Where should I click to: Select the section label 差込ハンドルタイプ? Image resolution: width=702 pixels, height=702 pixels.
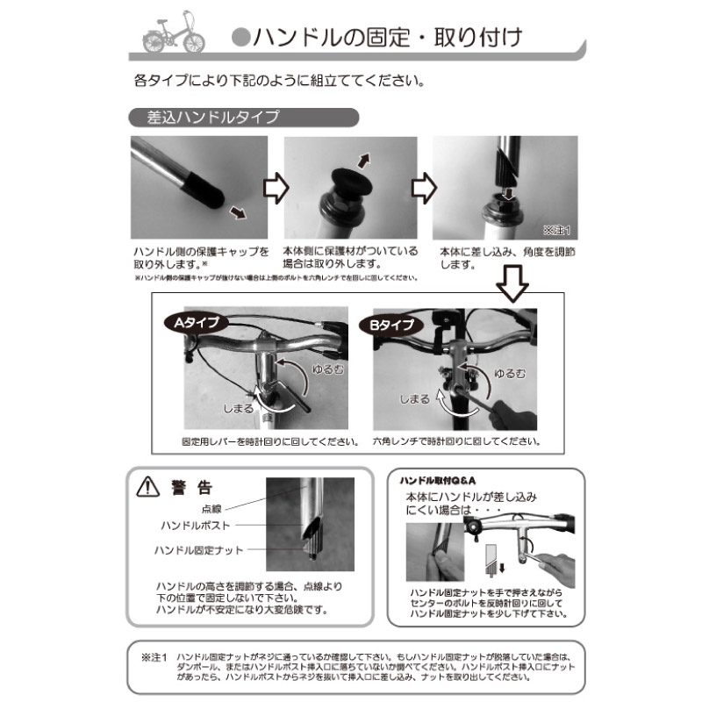(x=204, y=117)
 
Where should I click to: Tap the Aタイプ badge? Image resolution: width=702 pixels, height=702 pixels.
(x=195, y=322)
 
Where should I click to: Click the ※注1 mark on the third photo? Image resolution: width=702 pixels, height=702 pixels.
(x=556, y=232)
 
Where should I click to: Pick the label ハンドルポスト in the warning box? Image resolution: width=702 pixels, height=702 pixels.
(x=196, y=525)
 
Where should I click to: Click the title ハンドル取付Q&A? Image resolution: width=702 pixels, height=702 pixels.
(x=437, y=482)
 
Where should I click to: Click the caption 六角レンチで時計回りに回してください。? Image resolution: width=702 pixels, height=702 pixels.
(x=455, y=441)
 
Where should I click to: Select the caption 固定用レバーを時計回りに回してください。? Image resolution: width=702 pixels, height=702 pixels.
(x=269, y=441)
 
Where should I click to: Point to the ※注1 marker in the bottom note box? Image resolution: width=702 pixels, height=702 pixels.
(x=153, y=656)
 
